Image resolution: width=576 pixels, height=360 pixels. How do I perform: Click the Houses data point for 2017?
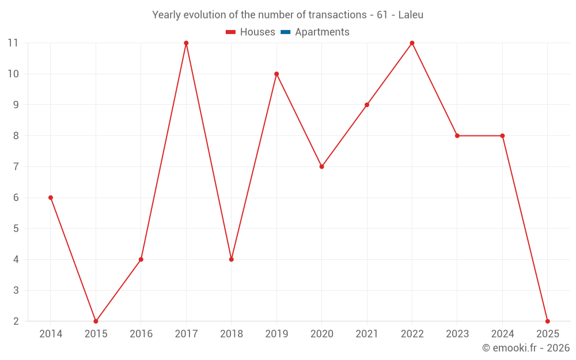point(186,43)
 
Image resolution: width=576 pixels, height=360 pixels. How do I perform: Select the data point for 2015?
point(96,321)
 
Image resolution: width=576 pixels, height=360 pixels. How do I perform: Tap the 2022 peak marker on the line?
point(412,43)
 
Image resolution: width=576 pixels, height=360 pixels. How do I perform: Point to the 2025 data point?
point(547,321)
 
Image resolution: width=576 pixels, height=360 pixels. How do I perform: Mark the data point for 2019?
point(276,74)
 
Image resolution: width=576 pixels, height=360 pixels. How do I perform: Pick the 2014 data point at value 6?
point(51,198)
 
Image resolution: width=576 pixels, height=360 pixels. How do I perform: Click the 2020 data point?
point(321,166)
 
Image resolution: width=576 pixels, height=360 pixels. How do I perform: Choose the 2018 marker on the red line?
point(231,259)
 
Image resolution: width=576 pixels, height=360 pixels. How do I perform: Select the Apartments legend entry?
point(322,32)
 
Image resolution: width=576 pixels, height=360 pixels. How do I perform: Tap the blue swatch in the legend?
point(286,32)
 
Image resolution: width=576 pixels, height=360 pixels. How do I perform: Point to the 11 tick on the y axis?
point(13,43)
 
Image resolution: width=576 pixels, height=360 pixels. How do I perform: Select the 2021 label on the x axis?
point(367,334)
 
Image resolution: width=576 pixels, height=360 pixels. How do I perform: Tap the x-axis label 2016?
point(141,334)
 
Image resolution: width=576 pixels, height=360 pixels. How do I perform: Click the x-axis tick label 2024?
point(502,334)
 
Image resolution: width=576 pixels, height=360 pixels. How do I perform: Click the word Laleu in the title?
point(411,15)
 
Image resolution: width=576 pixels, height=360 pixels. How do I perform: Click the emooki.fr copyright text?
point(526,348)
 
